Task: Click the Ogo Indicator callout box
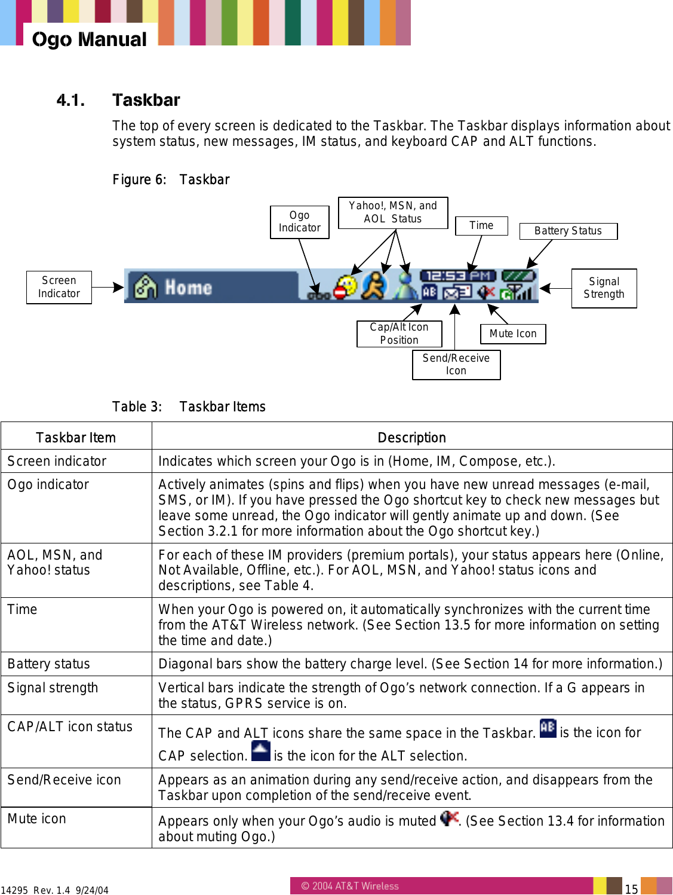(299, 222)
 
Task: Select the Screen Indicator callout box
(59, 287)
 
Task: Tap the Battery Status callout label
(568, 231)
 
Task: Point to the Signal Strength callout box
(604, 288)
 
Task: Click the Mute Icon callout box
(513, 334)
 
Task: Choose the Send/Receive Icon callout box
(456, 365)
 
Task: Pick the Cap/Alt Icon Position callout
(399, 334)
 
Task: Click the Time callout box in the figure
(481, 225)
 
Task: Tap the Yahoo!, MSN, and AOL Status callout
(393, 213)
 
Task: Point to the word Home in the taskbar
(188, 288)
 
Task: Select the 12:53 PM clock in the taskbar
(458, 276)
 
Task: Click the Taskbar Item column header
(76, 438)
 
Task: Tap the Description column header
(411, 438)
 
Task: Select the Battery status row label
(49, 664)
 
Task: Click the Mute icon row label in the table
(37, 818)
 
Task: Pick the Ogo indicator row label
(48, 484)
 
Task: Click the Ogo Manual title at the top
(90, 39)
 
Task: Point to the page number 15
(631, 888)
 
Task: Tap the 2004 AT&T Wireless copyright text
(350, 886)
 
